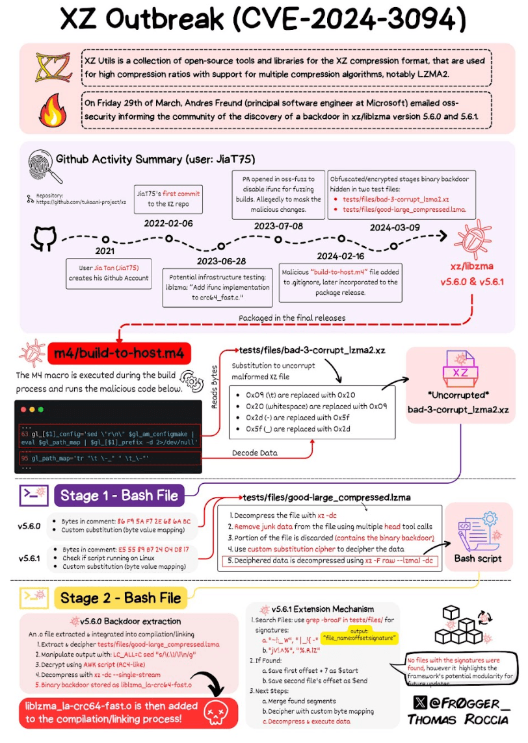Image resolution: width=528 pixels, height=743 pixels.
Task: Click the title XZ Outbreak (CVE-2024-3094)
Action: [263, 20]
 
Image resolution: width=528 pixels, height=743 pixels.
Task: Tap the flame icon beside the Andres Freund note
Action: [50, 111]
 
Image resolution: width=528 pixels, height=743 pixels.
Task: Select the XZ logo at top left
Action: [50, 67]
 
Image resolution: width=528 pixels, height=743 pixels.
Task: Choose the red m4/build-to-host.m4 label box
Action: [120, 353]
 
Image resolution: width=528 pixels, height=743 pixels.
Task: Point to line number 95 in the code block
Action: [25, 458]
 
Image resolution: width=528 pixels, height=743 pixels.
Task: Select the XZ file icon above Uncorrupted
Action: [460, 373]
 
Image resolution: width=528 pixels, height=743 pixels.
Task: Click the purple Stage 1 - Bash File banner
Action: [120, 495]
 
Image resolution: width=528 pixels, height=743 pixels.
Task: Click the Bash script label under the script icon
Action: [477, 558]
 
